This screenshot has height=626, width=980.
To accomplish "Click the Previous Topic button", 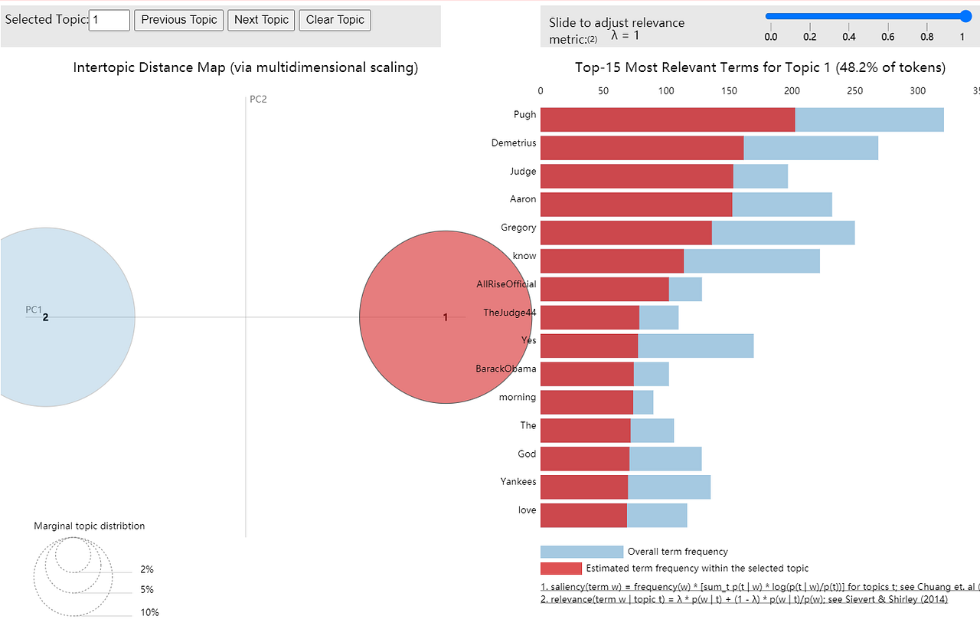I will [x=179, y=20].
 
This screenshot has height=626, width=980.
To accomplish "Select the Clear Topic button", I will [x=335, y=20].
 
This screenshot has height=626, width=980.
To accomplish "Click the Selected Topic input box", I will [x=109, y=20].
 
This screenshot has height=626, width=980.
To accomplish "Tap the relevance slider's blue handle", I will [x=965, y=16].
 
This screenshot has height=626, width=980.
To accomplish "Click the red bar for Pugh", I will [x=668, y=120].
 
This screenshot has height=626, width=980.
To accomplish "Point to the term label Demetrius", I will [x=514, y=143].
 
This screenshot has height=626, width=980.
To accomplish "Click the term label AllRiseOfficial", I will [x=506, y=284].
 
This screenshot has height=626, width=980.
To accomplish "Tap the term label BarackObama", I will [x=505, y=369].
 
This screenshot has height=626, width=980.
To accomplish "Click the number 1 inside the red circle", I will [x=446, y=317].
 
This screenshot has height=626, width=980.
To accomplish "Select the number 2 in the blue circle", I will [x=45, y=317].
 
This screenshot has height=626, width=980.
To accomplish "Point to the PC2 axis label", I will [x=258, y=100].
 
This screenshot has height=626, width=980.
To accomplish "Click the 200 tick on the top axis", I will [x=792, y=91].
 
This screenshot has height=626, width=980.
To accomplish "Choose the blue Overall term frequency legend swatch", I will [x=581, y=552].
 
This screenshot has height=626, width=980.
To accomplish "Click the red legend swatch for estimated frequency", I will [x=560, y=569].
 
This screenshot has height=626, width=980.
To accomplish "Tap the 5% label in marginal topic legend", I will [x=146, y=589].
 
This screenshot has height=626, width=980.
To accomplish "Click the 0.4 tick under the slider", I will [x=849, y=37].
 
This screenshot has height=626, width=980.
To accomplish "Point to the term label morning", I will [x=518, y=397].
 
